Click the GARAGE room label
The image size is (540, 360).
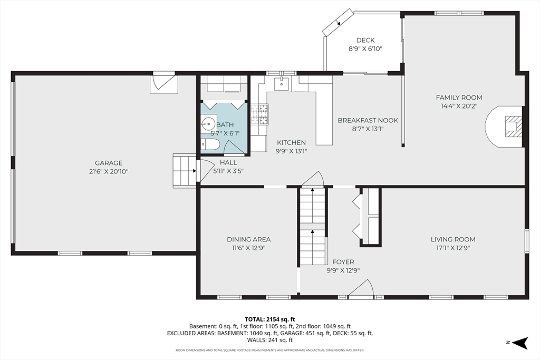(109, 163)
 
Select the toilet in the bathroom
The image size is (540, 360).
(209, 144)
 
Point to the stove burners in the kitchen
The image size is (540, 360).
(259, 114)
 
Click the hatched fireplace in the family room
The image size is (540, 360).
(513, 127)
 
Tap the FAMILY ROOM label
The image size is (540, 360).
(459, 98)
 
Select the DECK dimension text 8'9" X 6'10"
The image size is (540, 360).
(365, 49)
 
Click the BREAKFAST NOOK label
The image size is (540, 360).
(368, 121)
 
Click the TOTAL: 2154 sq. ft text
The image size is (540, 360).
(269, 319)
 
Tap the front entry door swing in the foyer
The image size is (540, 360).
(361, 288)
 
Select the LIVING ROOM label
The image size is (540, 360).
(453, 239)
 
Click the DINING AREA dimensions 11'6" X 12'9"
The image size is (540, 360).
(248, 248)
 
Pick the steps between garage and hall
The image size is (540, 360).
(184, 171)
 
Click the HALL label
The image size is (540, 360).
(228, 163)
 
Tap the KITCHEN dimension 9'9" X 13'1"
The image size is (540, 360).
(291, 151)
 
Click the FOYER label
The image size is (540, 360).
(343, 262)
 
